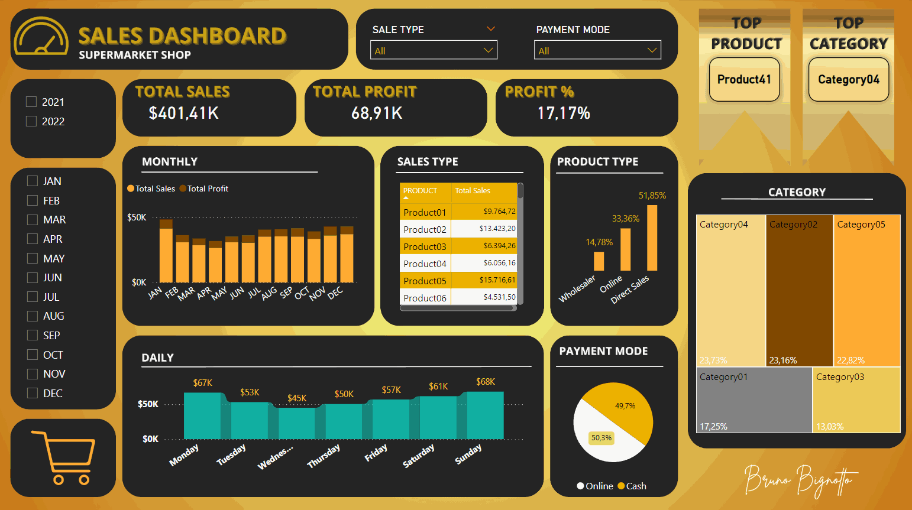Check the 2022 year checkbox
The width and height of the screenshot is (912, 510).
coord(31,121)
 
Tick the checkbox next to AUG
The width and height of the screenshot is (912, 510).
coord(33,316)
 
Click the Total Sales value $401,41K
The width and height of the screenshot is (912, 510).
coord(183,113)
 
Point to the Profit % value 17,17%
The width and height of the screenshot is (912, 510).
coord(564,113)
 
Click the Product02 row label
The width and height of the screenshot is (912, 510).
coord(425,229)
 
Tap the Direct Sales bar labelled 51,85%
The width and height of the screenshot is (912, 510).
coord(652,238)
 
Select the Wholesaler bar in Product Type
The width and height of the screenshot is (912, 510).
coord(599,261)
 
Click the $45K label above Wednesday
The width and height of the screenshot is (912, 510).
coord(297,398)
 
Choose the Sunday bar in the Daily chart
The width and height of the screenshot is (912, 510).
coord(485,415)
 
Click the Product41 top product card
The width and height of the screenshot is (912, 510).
coord(744,79)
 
